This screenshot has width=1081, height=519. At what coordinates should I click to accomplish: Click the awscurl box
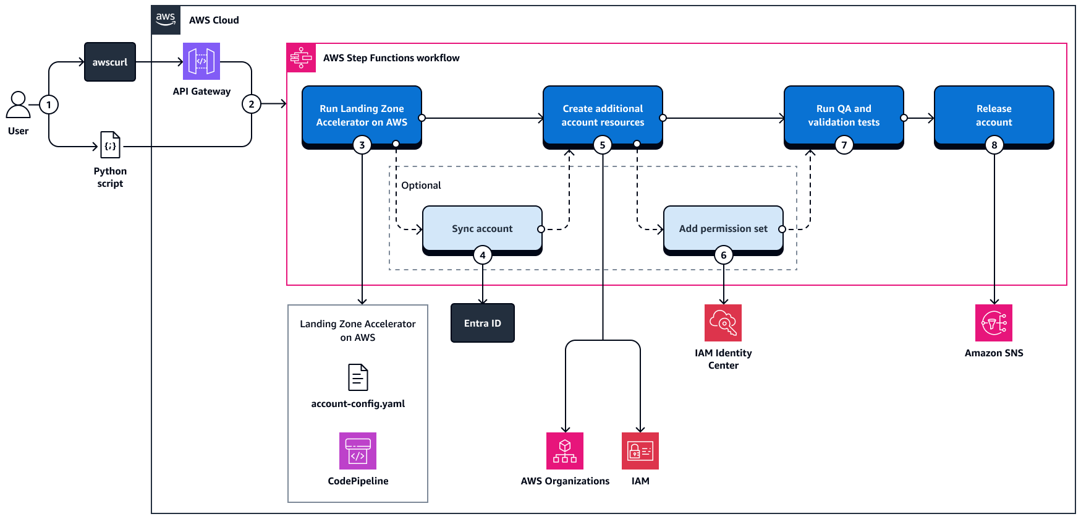point(110,62)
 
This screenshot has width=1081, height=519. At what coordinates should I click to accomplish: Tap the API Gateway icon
point(201,61)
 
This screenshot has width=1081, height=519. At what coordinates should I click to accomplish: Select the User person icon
point(18,105)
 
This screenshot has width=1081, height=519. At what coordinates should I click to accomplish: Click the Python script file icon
point(110,145)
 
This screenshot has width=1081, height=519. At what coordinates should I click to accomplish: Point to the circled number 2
point(251,104)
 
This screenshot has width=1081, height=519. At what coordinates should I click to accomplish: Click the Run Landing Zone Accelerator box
point(362,115)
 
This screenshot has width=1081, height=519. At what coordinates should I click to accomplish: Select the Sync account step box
point(482,228)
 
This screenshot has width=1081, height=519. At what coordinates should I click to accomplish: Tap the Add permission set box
point(723,228)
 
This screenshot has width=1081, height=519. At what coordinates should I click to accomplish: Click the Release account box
point(994,115)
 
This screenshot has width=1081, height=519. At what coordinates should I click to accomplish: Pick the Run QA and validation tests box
point(844,115)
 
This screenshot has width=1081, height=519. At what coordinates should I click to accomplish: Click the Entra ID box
point(483,323)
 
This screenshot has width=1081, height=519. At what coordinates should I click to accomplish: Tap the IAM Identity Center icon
point(723,323)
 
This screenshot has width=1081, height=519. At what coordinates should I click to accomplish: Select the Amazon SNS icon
point(994,323)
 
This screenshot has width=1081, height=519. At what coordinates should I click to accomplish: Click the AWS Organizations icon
point(565,451)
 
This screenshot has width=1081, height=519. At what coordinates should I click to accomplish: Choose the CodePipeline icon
point(358,451)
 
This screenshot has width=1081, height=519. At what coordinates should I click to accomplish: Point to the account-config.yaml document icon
point(358,377)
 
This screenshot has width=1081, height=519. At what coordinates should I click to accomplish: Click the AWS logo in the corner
point(166,19)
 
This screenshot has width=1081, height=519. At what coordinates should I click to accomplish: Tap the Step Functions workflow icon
point(301,58)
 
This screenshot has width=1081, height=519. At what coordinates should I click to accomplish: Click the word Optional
point(421,185)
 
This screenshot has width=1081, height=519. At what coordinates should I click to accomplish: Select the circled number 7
point(844,145)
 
